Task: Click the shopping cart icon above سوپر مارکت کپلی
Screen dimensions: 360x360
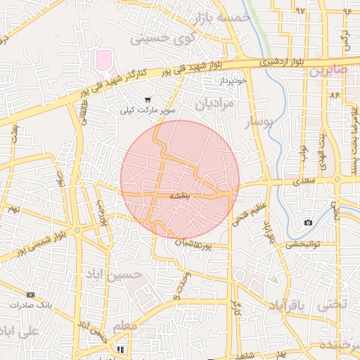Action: [148, 101]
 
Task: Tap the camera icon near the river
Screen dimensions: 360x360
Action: [308, 223]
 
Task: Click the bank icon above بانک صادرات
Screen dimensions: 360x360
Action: [30, 294]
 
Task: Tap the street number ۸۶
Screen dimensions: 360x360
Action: [333, 94]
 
